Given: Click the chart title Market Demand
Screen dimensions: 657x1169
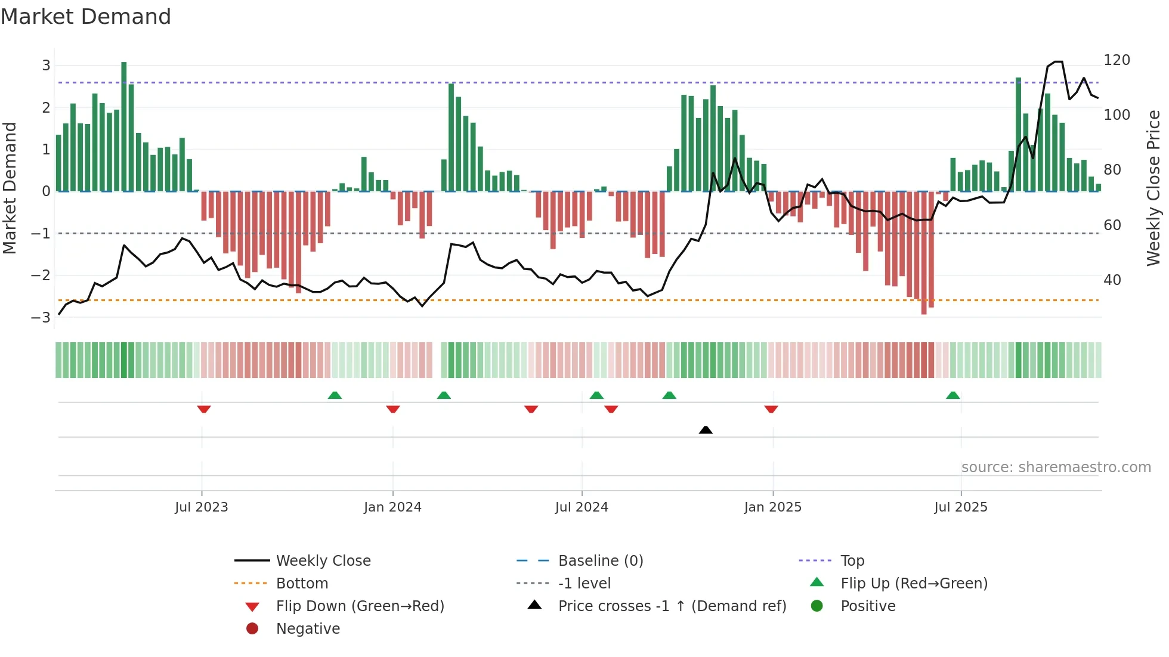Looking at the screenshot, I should coord(86,17).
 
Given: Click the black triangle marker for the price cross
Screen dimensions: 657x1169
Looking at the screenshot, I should coord(706,430).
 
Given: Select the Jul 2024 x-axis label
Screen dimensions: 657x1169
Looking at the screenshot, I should coord(582,507).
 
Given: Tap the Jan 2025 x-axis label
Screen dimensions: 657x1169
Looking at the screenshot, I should coord(773,507).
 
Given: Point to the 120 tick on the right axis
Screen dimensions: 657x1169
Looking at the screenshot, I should coord(1117,60).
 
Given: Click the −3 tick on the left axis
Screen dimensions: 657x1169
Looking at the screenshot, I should coord(41,317).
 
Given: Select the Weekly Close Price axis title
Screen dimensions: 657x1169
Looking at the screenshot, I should coord(1153,188).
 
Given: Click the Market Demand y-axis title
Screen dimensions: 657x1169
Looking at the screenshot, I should coord(10,188).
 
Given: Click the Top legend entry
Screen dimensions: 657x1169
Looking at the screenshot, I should coord(852,561).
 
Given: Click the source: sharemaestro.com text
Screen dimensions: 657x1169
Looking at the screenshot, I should coord(1056,467).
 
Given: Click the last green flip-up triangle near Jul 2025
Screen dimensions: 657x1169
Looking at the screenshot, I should coord(953,395).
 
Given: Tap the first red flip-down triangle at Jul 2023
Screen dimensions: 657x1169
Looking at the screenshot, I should coord(204,410).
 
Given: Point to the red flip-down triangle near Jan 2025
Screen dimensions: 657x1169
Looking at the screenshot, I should coord(771,410).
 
